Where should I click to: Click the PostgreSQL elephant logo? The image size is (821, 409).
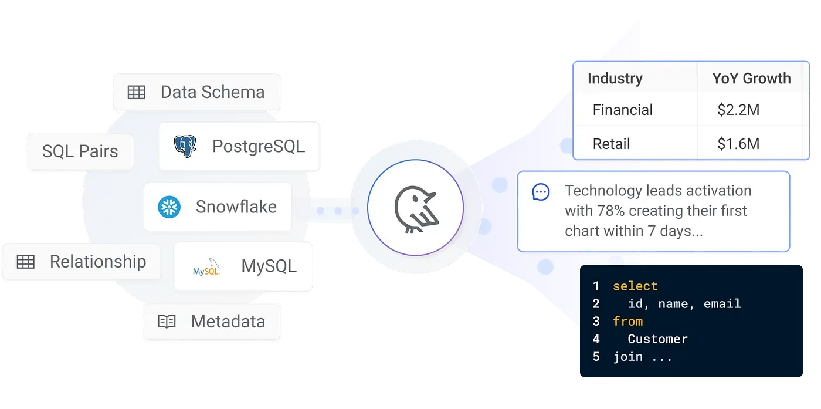(x=185, y=146)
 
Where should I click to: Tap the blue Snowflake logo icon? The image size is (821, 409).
(x=169, y=207)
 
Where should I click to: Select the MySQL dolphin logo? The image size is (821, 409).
(x=206, y=268)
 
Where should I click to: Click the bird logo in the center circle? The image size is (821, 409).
(x=415, y=208)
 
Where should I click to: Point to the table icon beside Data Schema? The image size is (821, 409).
(x=137, y=92)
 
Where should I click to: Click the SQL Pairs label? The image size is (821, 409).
(x=80, y=151)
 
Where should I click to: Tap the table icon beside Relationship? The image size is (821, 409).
(x=26, y=262)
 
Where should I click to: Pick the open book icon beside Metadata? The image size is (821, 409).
(x=167, y=322)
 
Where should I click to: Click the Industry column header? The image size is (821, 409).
(x=615, y=79)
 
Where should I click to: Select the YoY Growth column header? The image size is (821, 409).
(x=751, y=79)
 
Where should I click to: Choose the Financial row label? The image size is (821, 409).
(x=622, y=110)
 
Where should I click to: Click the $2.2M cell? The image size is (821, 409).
(x=738, y=110)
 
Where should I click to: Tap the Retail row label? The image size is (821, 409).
(x=611, y=144)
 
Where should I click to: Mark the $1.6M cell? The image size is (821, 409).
(x=738, y=144)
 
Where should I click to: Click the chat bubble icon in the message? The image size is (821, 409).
(x=541, y=192)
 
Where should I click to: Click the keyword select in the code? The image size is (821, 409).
(x=635, y=286)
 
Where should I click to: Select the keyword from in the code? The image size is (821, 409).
(x=627, y=321)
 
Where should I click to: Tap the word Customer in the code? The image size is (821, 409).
(x=657, y=339)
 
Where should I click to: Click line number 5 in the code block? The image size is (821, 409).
(x=596, y=356)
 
